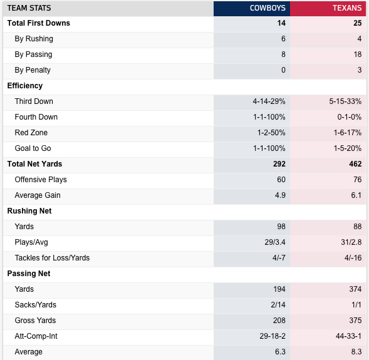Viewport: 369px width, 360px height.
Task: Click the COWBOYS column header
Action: pos(268,8)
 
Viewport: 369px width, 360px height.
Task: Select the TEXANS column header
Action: pos(347,8)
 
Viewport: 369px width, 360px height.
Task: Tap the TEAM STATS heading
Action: pos(29,8)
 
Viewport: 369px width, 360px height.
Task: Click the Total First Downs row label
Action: pos(39,23)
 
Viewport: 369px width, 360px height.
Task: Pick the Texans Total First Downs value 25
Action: pos(358,23)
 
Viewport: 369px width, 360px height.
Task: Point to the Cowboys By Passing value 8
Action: pos(283,54)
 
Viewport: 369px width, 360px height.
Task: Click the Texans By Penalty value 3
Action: pos(360,70)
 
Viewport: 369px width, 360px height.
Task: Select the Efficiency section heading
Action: pos(25,86)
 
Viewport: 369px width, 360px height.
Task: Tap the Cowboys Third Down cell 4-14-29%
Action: pos(269,101)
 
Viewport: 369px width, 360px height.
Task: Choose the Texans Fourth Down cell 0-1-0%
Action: pos(350,117)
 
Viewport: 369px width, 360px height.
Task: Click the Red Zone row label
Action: pos(31,133)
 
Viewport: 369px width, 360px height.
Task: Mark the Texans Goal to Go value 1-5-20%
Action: pos(348,148)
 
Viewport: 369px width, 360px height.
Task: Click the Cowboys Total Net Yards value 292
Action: pos(279,164)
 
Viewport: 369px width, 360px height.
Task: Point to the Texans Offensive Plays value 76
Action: pos(358,180)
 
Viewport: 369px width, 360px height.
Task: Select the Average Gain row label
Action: pos(38,195)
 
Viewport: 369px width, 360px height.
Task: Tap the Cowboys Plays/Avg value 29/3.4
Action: pos(275,242)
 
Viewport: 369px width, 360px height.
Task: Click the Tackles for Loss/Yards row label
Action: pos(52,258)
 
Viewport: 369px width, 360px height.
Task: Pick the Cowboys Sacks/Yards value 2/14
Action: pos(278,305)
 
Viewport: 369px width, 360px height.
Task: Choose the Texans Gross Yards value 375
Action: pos(355,321)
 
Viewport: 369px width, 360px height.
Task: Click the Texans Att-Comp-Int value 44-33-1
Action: pos(348,336)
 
